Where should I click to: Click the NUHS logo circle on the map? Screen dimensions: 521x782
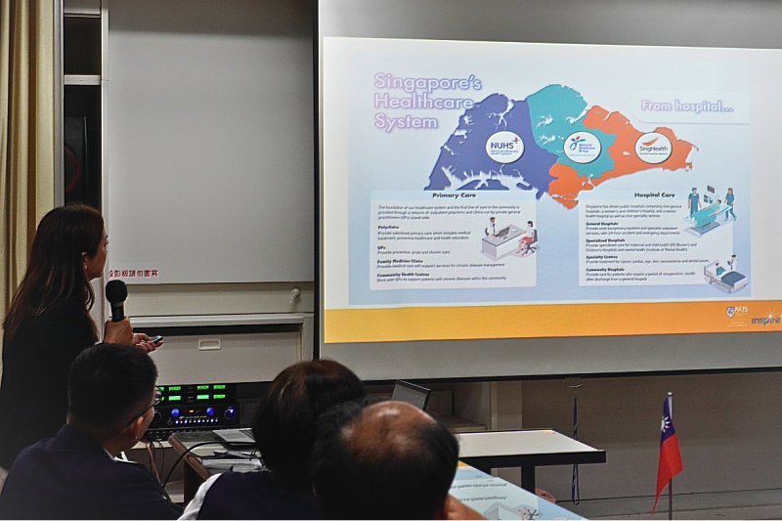(504, 147)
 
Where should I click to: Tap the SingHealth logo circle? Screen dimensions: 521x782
(652, 148)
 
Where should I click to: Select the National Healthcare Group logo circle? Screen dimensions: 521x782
(582, 146)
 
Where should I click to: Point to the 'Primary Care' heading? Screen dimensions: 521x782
(453, 195)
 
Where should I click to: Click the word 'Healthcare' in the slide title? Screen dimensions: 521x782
(423, 102)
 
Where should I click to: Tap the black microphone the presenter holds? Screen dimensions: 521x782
(116, 297)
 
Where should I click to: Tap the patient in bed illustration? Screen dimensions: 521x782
(726, 276)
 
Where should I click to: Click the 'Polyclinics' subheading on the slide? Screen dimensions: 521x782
(389, 227)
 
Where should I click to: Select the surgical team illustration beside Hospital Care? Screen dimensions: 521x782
(713, 209)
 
